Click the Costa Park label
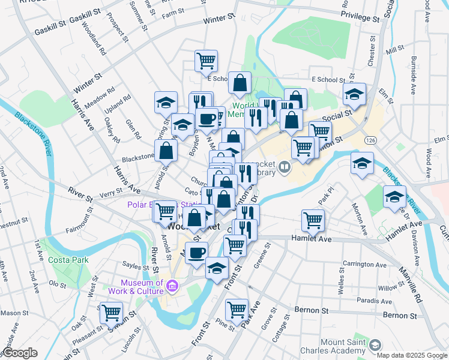pyautogui.click(x=69, y=259)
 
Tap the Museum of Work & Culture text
pyautogui.click(x=142, y=287)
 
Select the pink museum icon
pyautogui.click(x=172, y=287)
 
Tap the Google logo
pyautogui.click(x=20, y=353)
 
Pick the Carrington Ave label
pyautogui.click(x=364, y=264)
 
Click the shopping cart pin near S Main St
pyautogui.click(x=111, y=313)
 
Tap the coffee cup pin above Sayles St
pyautogui.click(x=196, y=253)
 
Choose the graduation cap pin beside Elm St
pyautogui.click(x=355, y=94)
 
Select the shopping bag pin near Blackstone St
pyautogui.click(x=166, y=151)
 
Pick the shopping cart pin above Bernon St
pyautogui.click(x=237, y=310)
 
